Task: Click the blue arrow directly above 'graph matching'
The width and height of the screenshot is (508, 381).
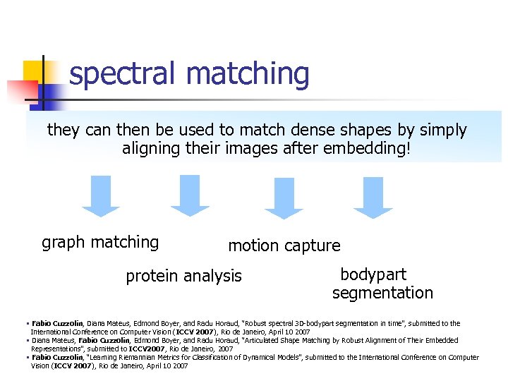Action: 101,196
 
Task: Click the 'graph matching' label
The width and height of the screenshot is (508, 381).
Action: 100,243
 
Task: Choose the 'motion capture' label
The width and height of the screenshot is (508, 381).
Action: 284,246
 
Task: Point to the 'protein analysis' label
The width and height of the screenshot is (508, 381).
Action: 183,276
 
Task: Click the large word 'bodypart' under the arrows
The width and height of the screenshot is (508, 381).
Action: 373,274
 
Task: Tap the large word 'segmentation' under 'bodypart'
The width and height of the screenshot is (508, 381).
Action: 382,293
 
